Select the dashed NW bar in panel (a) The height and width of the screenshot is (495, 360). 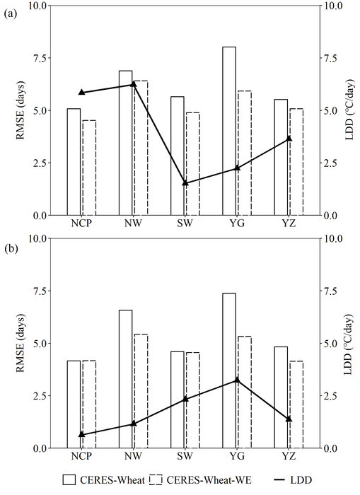coord(141,148)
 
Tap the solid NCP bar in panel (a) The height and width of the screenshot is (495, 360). coord(74,162)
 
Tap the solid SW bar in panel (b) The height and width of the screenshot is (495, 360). coord(178,400)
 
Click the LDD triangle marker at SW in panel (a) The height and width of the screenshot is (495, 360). coord(185,182)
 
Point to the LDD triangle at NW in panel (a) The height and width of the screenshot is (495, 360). coord(134,84)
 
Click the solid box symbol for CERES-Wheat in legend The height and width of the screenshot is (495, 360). coord(69,480)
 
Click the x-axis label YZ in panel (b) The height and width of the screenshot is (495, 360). coord(289,458)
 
